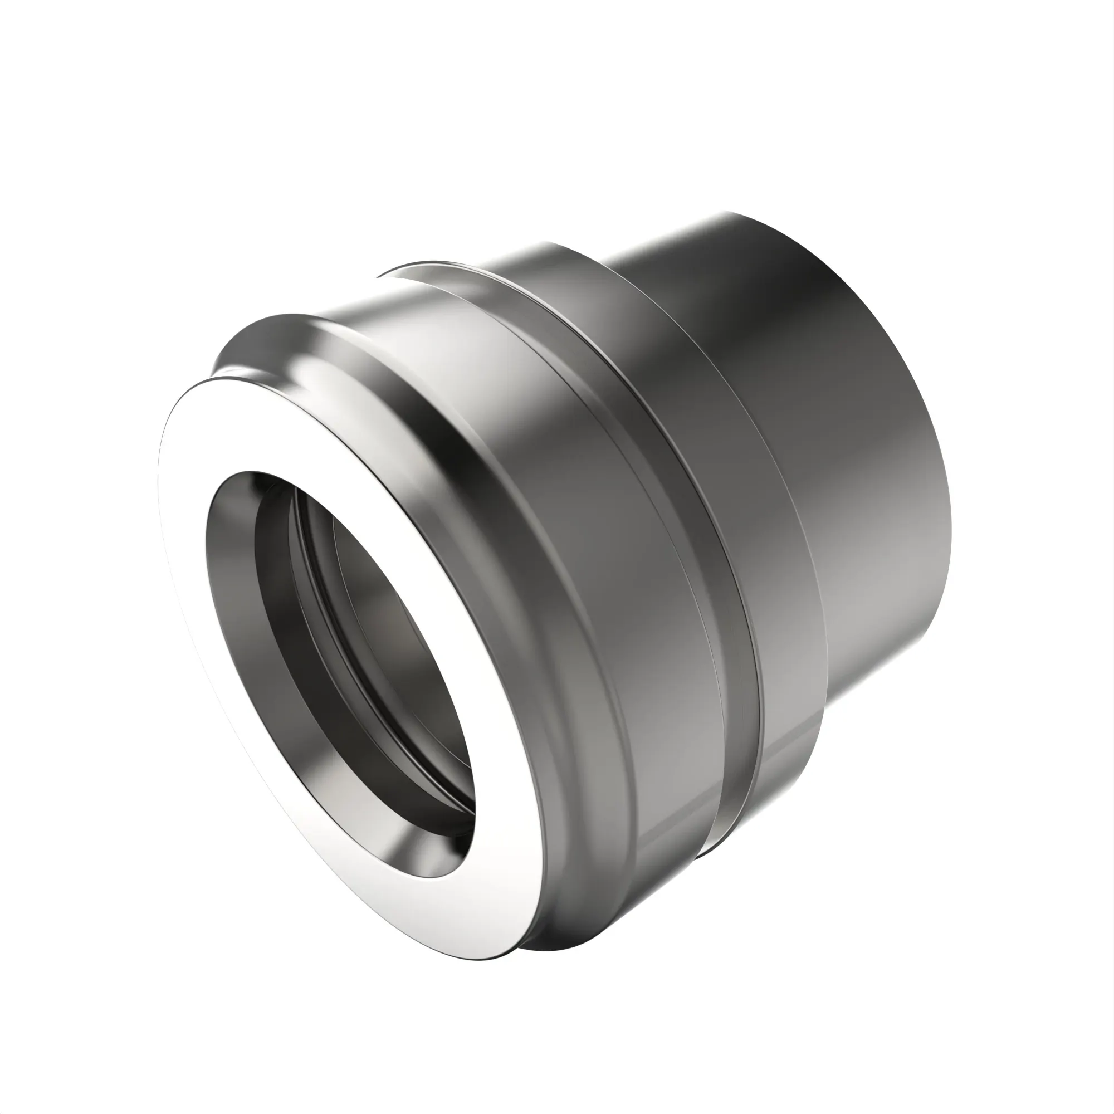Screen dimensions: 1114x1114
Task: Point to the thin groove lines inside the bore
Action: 323,554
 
